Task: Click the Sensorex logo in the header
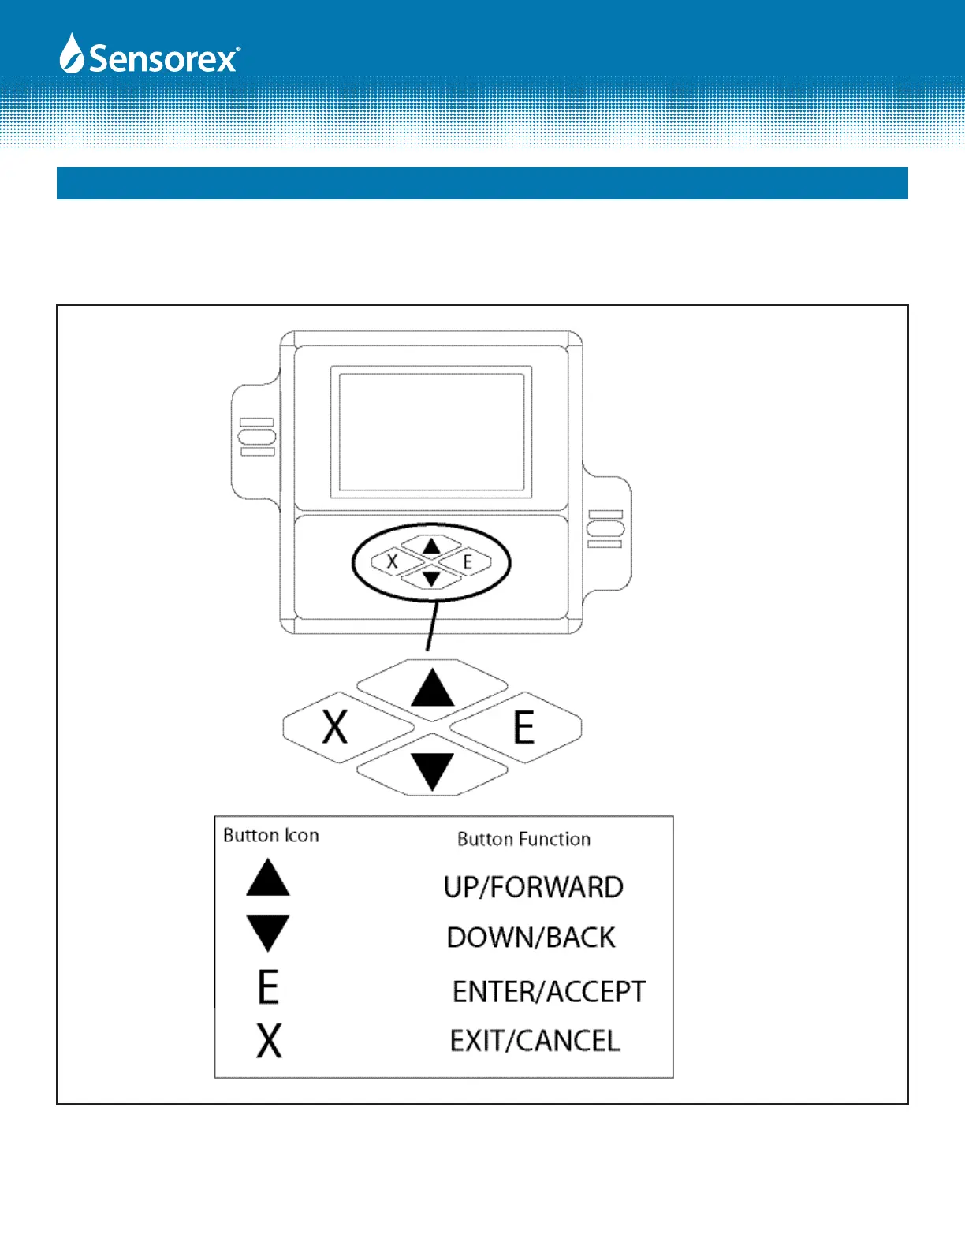[150, 56]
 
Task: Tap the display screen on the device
[431, 431]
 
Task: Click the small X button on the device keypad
[392, 562]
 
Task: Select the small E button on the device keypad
[468, 562]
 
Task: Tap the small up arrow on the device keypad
[430, 546]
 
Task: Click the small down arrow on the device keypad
[430, 579]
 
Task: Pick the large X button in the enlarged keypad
[335, 727]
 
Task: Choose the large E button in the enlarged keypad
[523, 727]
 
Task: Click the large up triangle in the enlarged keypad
[432, 688]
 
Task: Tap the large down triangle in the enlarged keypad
[432, 770]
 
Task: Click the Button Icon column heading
[271, 836]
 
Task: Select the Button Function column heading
[523, 839]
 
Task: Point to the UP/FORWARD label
[533, 887]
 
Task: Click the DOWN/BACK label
[531, 938]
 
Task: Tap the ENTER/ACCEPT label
[549, 991]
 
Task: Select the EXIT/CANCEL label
[535, 1041]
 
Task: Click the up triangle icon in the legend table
[268, 878]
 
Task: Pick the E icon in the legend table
[268, 986]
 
